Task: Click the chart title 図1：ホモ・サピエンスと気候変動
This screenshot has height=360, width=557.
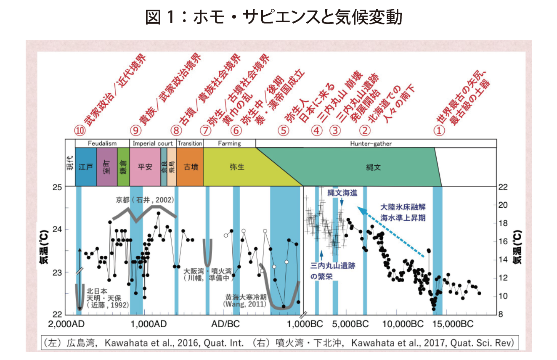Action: click(273, 18)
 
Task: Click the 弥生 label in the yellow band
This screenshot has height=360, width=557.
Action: click(236, 167)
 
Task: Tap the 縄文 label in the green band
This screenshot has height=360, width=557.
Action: click(373, 167)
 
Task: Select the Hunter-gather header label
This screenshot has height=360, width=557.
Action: click(371, 143)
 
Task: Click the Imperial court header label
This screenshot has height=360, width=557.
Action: click(152, 143)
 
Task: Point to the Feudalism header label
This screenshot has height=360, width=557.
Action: click(102, 143)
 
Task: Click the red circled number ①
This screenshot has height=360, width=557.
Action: click(439, 131)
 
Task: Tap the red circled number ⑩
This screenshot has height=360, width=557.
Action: click(79, 131)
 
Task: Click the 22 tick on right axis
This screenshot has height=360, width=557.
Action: click(503, 187)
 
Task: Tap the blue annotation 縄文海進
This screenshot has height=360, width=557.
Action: click(342, 193)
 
